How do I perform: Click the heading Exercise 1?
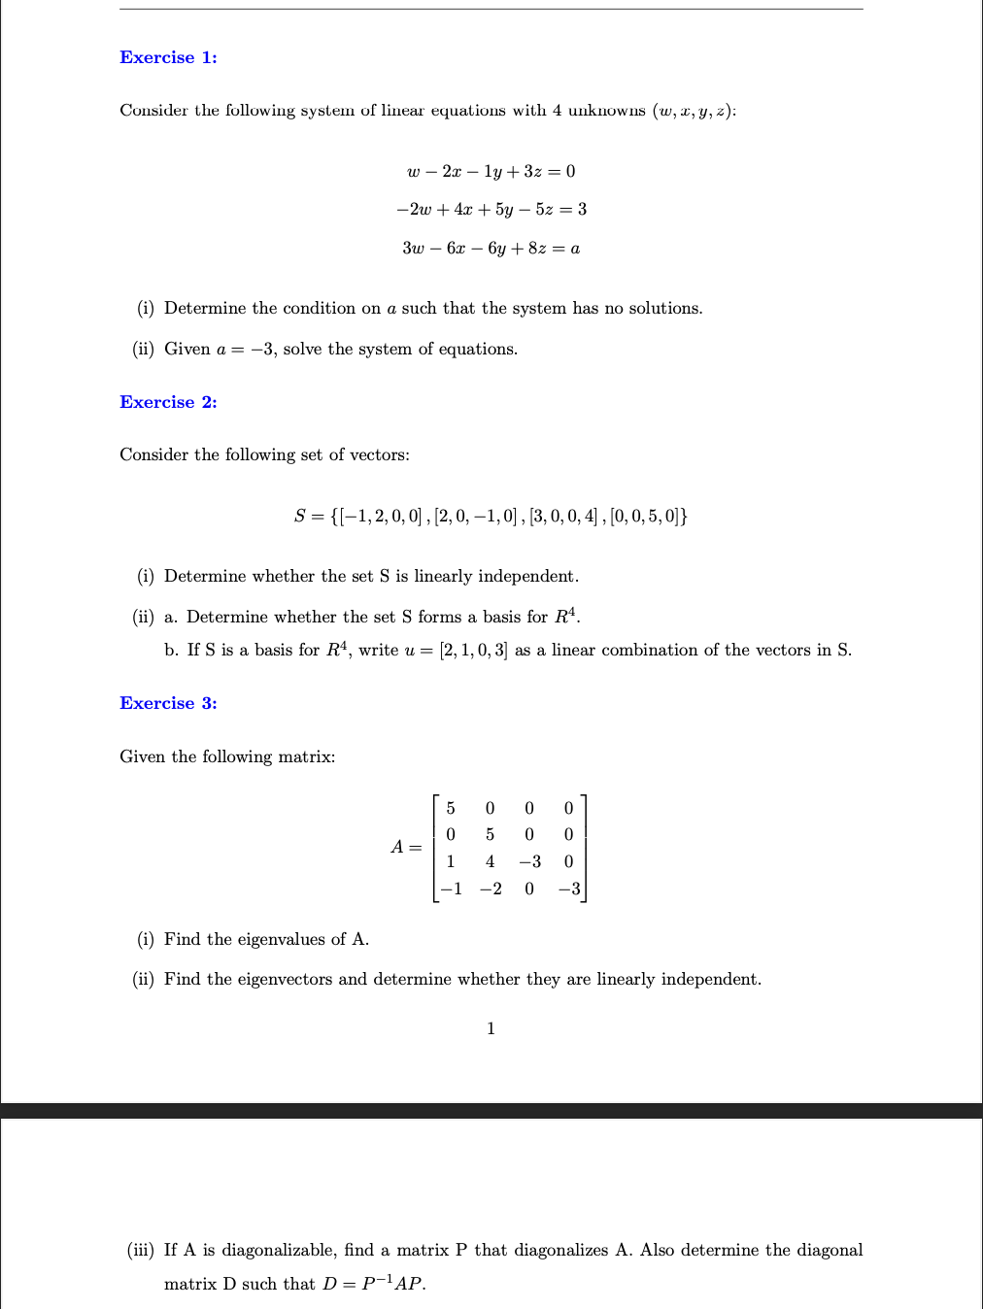click(x=168, y=57)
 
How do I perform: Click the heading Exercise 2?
click(x=168, y=402)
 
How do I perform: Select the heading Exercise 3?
click(x=168, y=703)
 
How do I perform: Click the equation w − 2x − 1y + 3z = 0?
click(x=491, y=172)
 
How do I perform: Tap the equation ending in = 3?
click(x=491, y=210)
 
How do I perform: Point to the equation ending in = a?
click(x=491, y=249)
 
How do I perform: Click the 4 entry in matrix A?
click(x=490, y=861)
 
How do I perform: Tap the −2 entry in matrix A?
click(x=491, y=889)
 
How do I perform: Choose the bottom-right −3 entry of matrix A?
click(x=569, y=889)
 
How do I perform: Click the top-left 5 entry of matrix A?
click(x=451, y=808)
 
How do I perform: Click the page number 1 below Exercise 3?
click(x=491, y=1028)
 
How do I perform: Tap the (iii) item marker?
click(x=140, y=1250)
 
